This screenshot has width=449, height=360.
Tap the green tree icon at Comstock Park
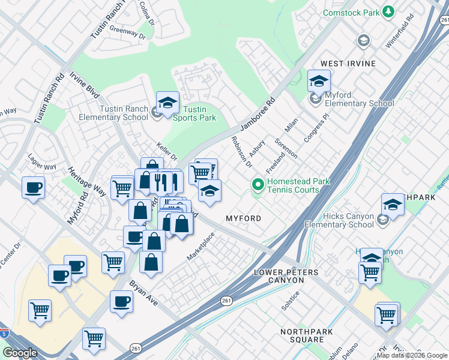tap(388, 11)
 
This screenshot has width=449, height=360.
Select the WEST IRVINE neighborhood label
tap(348, 64)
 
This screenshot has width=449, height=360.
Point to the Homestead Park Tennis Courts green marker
tap(258, 184)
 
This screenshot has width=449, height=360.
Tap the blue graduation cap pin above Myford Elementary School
tap(319, 81)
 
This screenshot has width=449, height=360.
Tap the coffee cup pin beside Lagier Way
tap(33, 187)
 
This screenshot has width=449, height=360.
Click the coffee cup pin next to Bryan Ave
tap(121, 301)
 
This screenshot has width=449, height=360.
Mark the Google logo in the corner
tap(20, 353)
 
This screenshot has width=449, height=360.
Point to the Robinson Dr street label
tap(242, 151)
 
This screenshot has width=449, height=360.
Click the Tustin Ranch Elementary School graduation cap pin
tap(167, 103)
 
